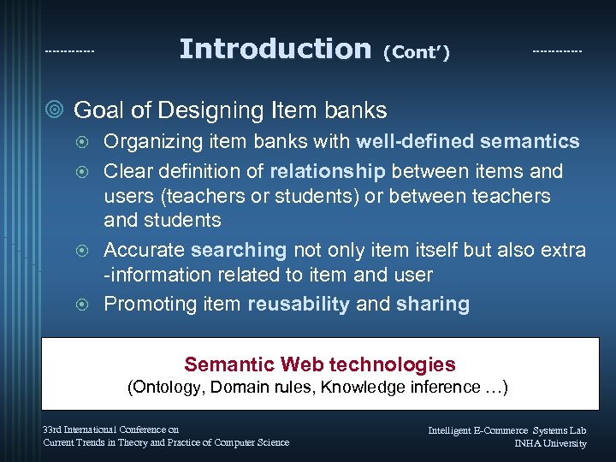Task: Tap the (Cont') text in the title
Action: [416, 53]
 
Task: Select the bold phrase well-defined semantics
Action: [468, 141]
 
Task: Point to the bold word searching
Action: [240, 251]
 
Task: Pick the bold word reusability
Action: [299, 305]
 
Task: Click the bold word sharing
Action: [432, 305]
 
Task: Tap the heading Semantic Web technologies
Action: [320, 365]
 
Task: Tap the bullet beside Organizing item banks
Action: [84, 142]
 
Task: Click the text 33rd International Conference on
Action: [111, 429]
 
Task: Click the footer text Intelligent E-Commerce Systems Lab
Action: [507, 429]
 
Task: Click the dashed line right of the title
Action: [557, 52]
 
